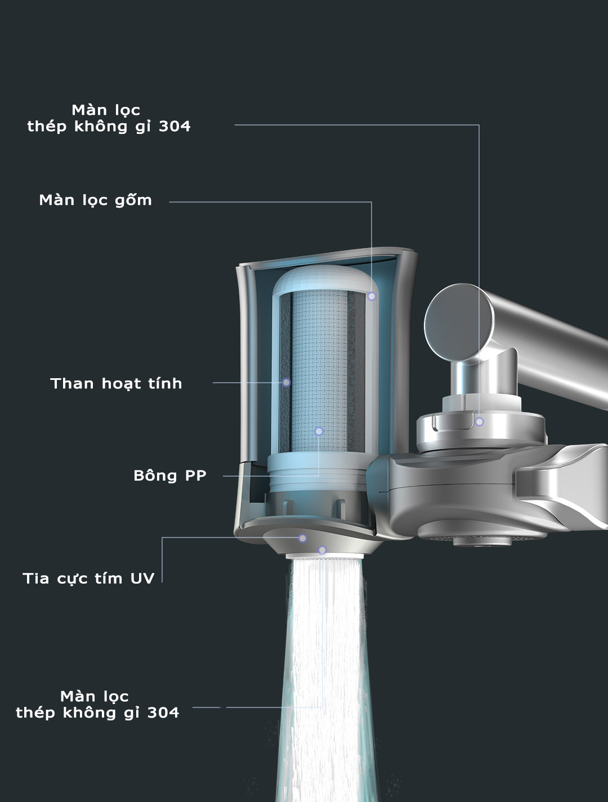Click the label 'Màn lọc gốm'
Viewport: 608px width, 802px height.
[x=95, y=200]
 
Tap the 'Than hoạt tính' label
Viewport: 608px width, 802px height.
[x=116, y=384]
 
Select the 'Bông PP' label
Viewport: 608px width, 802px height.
[x=170, y=476]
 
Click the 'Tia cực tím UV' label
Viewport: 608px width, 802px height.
[x=88, y=579]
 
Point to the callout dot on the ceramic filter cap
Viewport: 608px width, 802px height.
[x=372, y=297]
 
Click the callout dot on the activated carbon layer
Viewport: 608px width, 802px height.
[x=286, y=383]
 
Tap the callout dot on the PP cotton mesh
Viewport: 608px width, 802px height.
[x=319, y=432]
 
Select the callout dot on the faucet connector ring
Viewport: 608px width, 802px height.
[x=480, y=422]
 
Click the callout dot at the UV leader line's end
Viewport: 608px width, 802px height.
[x=302, y=538]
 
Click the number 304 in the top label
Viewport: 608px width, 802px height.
[x=175, y=127]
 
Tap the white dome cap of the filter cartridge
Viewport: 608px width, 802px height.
[x=325, y=280]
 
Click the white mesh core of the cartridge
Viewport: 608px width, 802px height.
[x=320, y=370]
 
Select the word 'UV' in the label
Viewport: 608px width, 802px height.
[x=142, y=579]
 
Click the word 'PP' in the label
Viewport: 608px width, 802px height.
[x=196, y=476]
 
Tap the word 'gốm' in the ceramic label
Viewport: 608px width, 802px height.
[x=133, y=200]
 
